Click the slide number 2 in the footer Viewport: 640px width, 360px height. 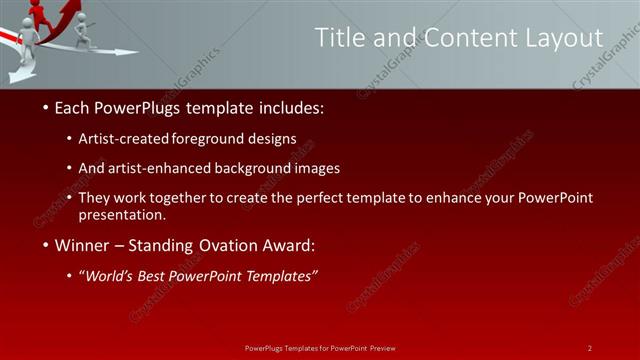point(589,348)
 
